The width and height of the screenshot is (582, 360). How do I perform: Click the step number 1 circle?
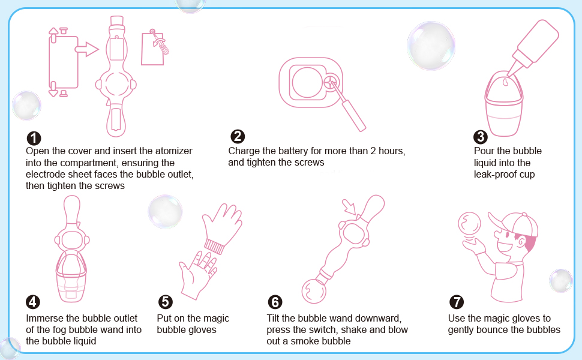click(34, 138)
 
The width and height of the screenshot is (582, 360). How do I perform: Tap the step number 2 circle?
click(238, 137)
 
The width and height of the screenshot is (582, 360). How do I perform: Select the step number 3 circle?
click(480, 137)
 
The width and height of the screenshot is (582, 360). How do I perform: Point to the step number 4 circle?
click(32, 302)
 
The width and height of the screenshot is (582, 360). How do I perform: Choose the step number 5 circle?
click(165, 302)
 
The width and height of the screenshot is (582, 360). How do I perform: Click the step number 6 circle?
click(275, 302)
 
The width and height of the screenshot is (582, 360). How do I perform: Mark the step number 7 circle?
click(457, 302)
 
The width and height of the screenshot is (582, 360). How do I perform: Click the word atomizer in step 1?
click(173, 151)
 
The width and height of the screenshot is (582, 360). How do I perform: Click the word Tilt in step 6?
click(273, 318)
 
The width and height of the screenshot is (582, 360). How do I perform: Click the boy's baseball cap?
click(517, 225)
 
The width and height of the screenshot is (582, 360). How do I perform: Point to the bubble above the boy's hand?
click(469, 224)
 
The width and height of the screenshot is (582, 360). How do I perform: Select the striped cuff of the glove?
click(215, 247)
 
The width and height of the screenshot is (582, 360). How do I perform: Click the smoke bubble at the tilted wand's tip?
click(314, 292)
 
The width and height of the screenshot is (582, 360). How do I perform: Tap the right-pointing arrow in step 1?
click(87, 49)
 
